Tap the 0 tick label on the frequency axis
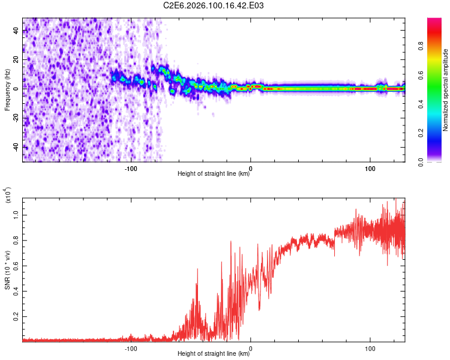[x=16, y=88]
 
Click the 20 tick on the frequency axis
[x=16, y=59]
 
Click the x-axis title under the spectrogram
[x=214, y=174]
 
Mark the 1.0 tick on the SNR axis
[x=16, y=214]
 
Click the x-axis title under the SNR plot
[x=214, y=355]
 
